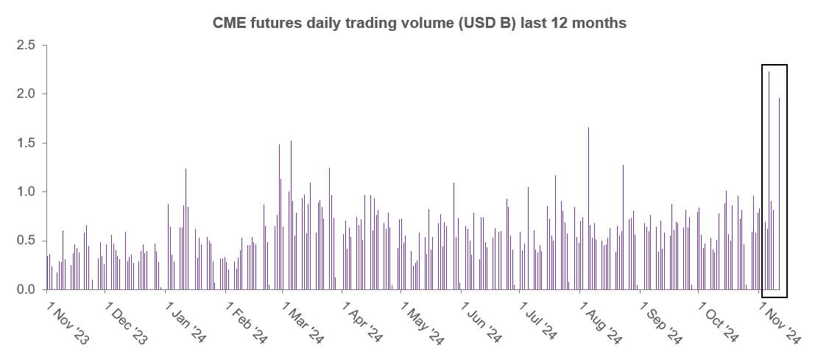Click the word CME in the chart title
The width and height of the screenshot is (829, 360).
coord(229,23)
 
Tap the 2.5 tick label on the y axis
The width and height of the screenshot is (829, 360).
coord(27,46)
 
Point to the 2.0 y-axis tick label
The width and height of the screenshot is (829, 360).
coord(27,94)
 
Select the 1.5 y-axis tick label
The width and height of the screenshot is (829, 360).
coord(27,143)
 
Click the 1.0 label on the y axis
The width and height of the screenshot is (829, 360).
coord(27,192)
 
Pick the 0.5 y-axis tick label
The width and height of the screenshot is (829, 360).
coord(27,241)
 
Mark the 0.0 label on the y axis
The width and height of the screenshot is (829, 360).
coord(27,290)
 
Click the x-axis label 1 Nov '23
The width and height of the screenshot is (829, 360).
coord(68,322)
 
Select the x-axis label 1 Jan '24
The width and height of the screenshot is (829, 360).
coord(186,322)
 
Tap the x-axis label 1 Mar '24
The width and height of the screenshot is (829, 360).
coord(303,322)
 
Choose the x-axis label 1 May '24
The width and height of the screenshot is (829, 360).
coord(422,322)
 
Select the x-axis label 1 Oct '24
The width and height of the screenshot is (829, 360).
coord(719,322)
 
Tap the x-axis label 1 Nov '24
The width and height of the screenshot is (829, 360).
coord(780,322)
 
